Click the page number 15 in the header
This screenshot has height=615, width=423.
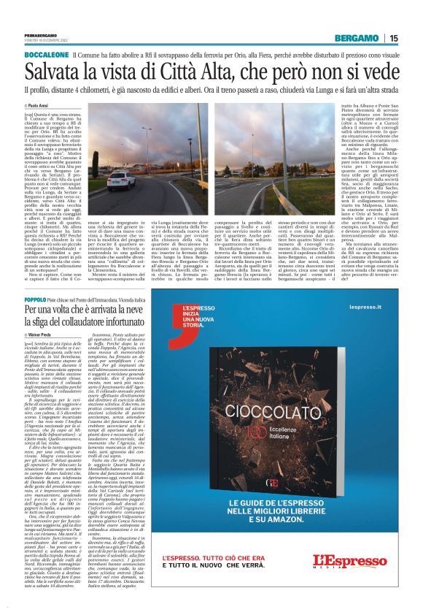pos(393,38)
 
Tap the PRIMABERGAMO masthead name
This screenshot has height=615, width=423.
pos(36,34)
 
